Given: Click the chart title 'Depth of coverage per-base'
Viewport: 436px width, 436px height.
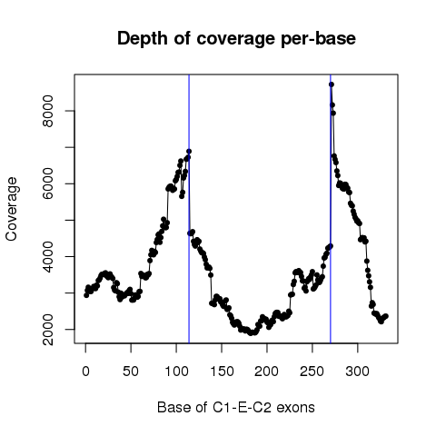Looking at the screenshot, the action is point(236,39).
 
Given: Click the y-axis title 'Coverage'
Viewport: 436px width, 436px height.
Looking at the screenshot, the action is point(12,209).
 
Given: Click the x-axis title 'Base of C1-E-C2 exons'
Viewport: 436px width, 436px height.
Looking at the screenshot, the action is point(236,407).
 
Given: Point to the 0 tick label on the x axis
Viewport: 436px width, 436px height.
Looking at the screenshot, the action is point(85,372).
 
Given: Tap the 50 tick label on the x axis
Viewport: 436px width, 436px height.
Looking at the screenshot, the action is point(131,372).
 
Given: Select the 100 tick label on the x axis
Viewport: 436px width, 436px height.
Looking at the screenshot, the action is point(176,372).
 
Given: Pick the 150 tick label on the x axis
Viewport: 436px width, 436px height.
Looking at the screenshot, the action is point(222,372).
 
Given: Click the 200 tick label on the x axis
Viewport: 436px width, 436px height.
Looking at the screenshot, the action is point(267,372).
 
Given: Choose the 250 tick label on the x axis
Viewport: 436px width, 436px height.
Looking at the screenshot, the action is point(312,372).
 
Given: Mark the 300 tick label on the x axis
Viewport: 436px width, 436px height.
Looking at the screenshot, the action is point(358,372).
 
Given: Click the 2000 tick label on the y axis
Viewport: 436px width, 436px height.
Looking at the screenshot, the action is point(48,329).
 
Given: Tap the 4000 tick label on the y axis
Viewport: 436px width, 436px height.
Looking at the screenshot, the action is point(48,256).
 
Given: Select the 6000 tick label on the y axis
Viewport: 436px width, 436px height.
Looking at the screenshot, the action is point(48,183).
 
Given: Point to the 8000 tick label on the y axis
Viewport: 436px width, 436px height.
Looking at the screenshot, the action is point(48,111).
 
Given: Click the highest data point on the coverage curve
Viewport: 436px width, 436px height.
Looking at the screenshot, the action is point(332,84).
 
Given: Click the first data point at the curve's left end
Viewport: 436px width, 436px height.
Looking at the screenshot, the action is point(86,295).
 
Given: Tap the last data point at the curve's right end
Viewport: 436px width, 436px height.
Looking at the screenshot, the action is point(386,316).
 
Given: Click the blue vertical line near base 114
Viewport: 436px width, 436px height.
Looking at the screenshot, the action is point(189,209).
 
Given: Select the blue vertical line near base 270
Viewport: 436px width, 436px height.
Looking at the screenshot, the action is point(331,209).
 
